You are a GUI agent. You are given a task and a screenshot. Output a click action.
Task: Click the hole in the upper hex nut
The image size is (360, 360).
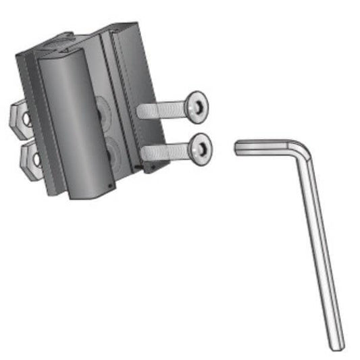click(x=26, y=119)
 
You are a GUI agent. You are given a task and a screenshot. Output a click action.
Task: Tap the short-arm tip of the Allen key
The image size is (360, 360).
click(x=239, y=147)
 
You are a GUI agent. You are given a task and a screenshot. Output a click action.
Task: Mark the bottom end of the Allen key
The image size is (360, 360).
click(x=336, y=345)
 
